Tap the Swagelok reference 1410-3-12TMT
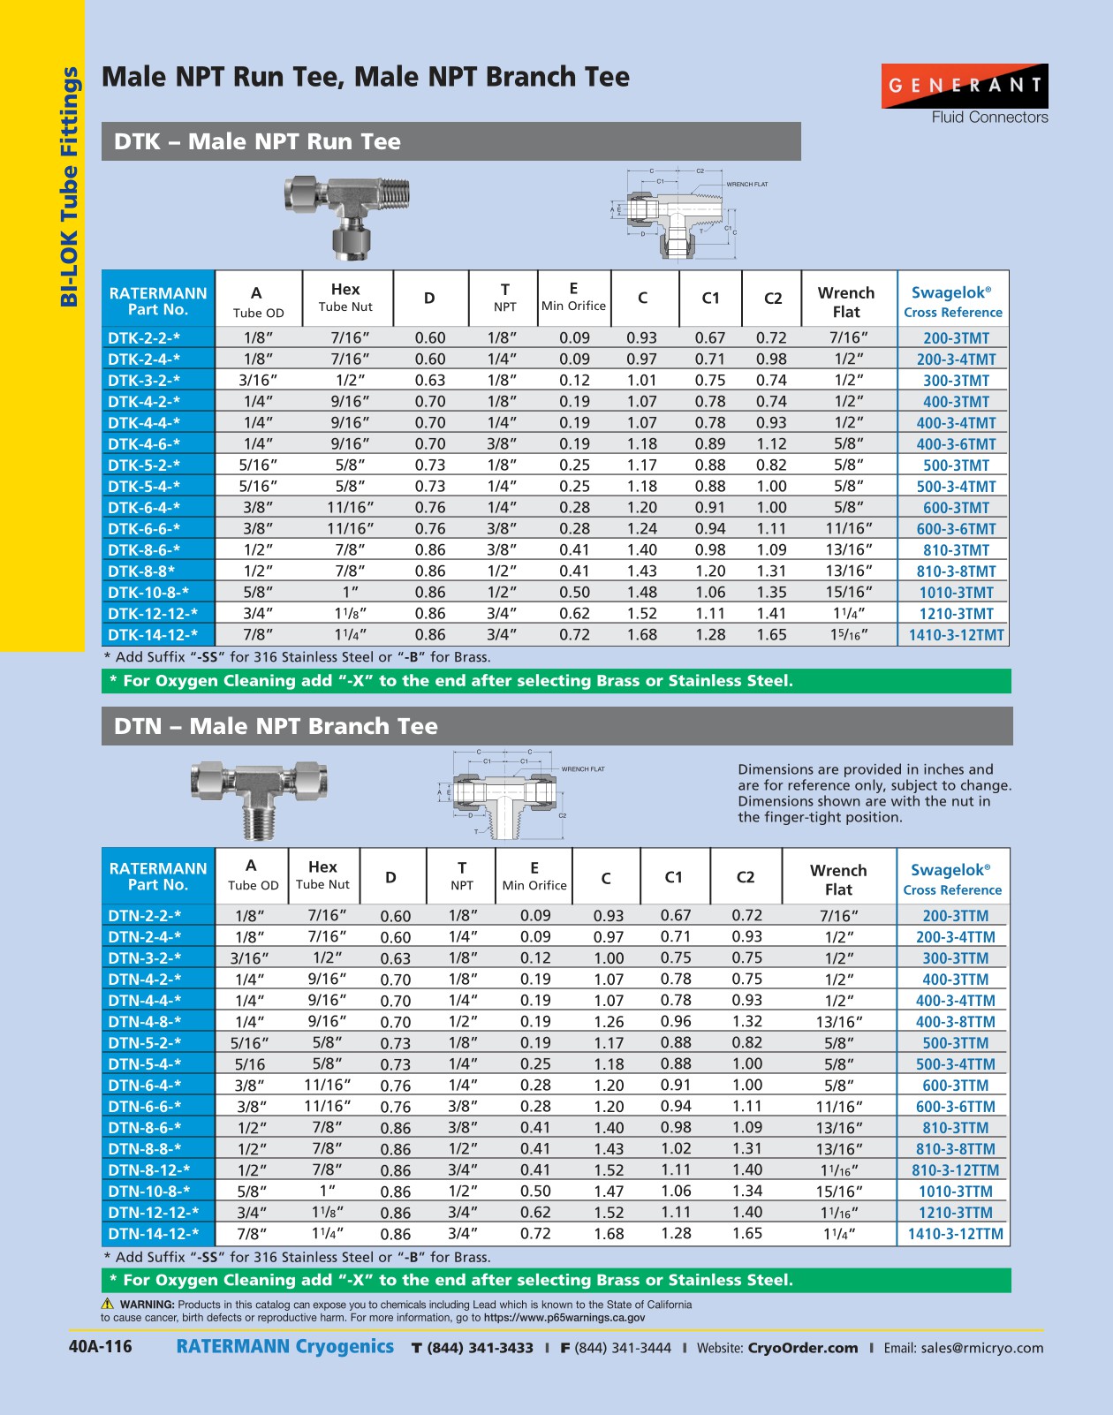coord(956,635)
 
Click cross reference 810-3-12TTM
coord(955,1170)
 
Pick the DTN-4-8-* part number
coord(145,1022)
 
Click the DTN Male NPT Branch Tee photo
coord(261,796)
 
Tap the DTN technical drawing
coord(507,792)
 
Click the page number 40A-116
coord(100,1347)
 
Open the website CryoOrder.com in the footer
coord(802,1348)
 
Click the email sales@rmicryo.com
coord(981,1348)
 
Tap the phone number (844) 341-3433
coord(480,1348)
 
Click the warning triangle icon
coord(108,1304)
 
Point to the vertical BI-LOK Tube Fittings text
coord(69,186)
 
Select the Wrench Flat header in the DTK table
coord(845,302)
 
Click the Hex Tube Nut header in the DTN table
coord(322,875)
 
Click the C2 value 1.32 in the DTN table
coord(746,1022)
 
